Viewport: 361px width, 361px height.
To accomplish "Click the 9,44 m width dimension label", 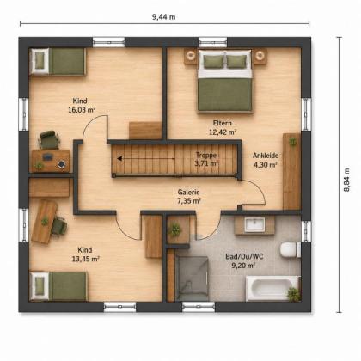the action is tap(164, 17).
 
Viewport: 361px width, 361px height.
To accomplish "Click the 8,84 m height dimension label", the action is tap(347, 180).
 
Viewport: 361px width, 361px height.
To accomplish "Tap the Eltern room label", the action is tap(223, 123).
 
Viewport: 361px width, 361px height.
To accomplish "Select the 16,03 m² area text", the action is tap(82, 110).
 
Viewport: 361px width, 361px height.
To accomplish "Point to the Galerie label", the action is tap(188, 192).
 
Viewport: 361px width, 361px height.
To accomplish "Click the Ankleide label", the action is tap(266, 156).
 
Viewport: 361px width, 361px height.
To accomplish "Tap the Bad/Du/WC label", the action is tap(244, 256).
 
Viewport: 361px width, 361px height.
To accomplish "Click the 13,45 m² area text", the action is tap(85, 260).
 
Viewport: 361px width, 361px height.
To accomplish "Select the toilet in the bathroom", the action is tap(290, 249).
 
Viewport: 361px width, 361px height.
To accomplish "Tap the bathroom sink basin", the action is tap(254, 224).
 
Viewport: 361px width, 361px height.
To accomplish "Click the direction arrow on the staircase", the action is tap(145, 158).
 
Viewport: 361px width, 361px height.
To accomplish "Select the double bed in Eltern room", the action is tap(225, 81).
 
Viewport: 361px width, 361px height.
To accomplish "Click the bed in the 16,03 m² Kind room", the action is tap(58, 62).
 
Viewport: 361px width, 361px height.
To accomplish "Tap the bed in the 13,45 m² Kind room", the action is tap(58, 286).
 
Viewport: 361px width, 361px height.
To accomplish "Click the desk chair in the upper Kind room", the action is tap(49, 140).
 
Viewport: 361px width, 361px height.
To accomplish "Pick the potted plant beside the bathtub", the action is tap(294, 294).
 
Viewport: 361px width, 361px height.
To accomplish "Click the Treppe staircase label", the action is tap(206, 156).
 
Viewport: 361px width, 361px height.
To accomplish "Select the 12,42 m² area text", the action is tap(223, 132).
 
